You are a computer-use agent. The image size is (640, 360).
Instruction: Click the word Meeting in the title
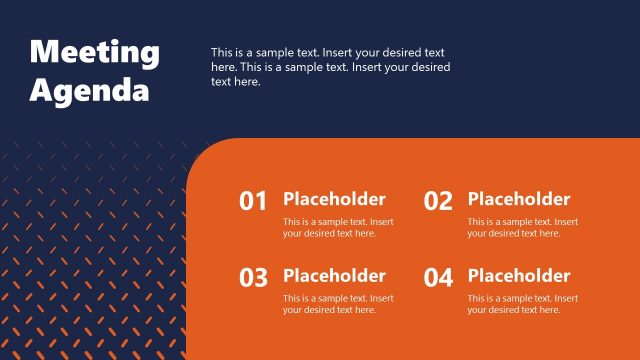point(95,52)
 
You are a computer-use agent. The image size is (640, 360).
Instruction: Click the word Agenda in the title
point(90,90)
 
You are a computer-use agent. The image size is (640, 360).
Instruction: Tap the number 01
point(253,201)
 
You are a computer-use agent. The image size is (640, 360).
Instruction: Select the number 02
point(438,201)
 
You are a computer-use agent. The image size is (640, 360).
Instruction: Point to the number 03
point(253,278)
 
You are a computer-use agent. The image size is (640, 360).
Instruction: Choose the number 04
point(438,278)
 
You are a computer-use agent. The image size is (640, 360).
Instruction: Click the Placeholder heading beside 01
point(334,199)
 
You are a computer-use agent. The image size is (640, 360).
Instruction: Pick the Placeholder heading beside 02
point(518,199)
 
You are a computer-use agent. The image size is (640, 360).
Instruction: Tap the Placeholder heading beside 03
point(334,275)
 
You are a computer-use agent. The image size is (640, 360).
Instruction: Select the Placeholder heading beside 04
point(518,275)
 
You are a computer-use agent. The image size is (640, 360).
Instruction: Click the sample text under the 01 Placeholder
point(338,227)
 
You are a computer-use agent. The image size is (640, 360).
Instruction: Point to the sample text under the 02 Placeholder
point(522,227)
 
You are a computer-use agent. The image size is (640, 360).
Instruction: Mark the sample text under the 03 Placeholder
point(338,304)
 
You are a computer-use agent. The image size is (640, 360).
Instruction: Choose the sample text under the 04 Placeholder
point(522,304)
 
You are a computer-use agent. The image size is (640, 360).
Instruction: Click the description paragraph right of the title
point(330,67)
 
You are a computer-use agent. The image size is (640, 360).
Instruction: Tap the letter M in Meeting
point(44,52)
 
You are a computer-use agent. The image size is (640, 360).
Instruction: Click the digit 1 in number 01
point(261,201)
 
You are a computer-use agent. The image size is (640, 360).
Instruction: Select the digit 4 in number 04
point(446,278)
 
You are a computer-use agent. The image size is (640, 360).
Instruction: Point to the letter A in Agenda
point(41,90)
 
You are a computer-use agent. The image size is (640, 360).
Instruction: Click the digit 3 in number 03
point(261,278)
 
